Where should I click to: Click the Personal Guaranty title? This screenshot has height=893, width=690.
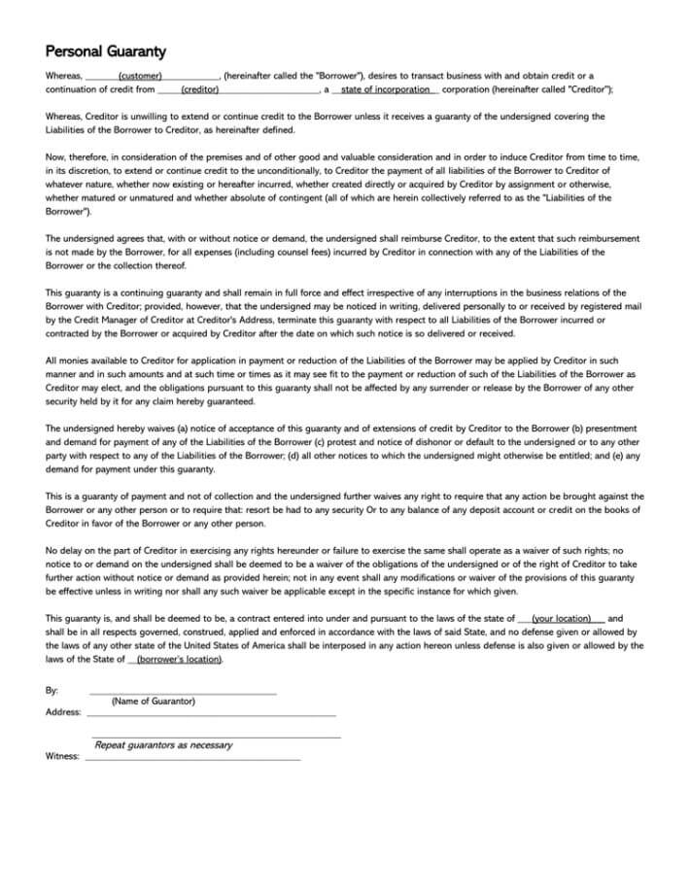(106, 51)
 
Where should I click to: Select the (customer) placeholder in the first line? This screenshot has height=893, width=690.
(139, 76)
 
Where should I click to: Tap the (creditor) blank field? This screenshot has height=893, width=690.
(199, 89)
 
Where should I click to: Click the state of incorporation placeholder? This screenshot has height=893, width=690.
(385, 89)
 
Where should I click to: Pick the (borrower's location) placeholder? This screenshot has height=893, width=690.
(179, 659)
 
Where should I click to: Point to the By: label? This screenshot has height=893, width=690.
(52, 690)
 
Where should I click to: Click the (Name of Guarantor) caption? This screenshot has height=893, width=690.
(153, 702)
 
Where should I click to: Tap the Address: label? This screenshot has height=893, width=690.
(63, 712)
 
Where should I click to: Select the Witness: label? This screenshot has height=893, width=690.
(62, 756)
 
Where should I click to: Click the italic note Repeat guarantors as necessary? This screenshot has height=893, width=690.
(163, 745)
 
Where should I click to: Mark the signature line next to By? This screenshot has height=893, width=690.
(183, 693)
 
